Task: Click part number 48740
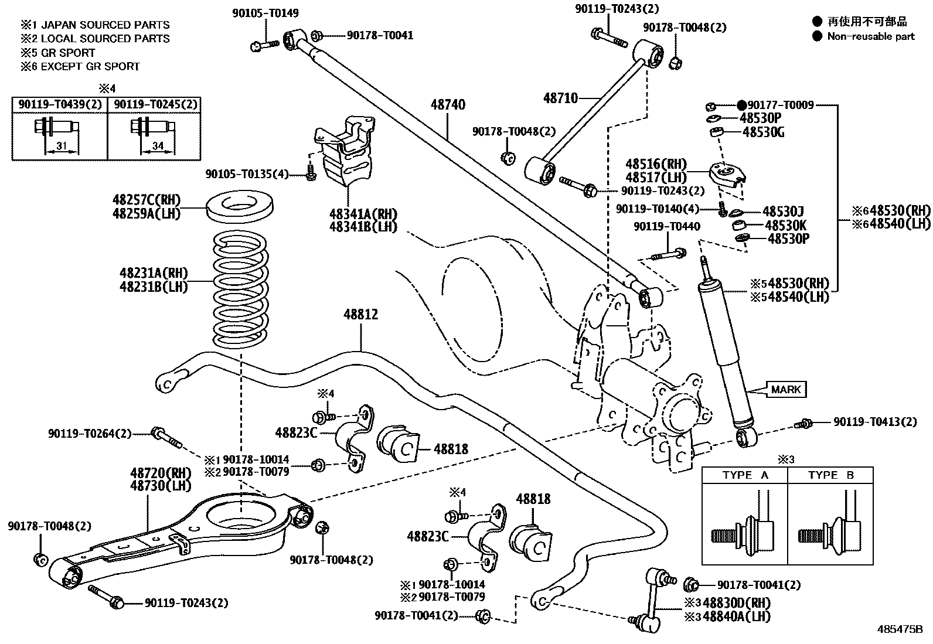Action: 448,105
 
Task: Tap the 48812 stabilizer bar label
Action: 360,315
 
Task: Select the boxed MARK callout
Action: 785,389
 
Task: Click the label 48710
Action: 560,98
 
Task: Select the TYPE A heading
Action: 745,475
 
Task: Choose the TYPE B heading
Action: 830,475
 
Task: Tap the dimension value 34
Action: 157,146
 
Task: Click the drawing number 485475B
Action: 900,630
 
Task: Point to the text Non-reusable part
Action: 871,36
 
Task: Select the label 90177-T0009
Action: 780,105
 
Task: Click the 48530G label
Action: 763,132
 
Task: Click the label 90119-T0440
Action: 666,226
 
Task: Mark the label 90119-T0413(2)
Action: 875,422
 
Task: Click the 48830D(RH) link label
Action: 736,603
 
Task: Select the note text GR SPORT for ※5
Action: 68,53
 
